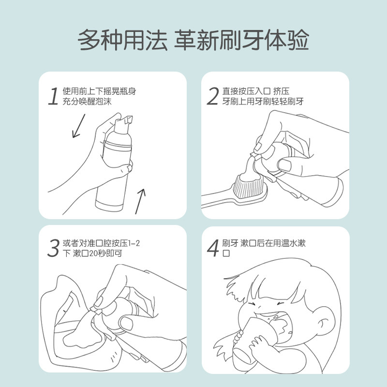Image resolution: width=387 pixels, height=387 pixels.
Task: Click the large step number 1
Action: (53, 96)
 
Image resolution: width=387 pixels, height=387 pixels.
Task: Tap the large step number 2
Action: (213, 96)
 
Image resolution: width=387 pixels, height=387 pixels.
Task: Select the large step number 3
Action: (53, 248)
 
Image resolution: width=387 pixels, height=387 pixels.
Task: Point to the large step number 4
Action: (213, 248)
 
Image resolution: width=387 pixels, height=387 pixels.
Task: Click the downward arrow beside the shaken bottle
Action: (79, 126)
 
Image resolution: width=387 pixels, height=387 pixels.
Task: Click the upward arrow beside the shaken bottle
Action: (140, 201)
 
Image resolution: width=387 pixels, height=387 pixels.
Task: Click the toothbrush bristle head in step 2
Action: (249, 186)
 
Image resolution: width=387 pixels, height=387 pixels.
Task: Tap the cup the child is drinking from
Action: (257, 341)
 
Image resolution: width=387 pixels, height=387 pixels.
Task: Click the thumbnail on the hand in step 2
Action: (285, 165)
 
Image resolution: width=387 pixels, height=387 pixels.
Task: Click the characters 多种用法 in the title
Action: (123, 40)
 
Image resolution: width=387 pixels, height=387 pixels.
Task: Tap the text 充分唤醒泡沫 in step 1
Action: (87, 102)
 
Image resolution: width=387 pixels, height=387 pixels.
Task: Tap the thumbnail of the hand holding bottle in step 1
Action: (130, 168)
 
